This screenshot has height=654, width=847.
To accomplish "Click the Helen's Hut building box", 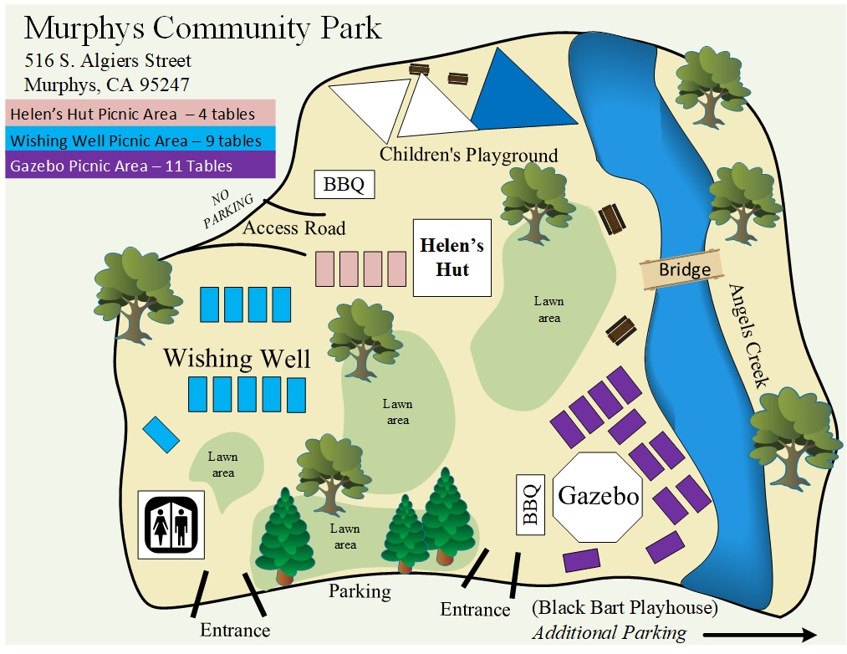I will [452, 258].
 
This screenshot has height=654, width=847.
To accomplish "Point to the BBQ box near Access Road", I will [344, 185].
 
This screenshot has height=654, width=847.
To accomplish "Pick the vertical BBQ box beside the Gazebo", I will [529, 504].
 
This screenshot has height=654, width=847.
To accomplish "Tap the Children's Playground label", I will [468, 155].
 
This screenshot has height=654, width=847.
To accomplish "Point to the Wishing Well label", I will [237, 359].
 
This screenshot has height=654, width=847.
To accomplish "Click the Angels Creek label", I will [747, 335].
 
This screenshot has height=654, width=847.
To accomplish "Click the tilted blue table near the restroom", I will [161, 434].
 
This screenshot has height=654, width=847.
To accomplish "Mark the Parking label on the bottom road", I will [360, 591].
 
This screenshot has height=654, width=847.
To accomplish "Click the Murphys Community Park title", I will [203, 28].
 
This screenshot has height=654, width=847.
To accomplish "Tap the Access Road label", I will [293, 228].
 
